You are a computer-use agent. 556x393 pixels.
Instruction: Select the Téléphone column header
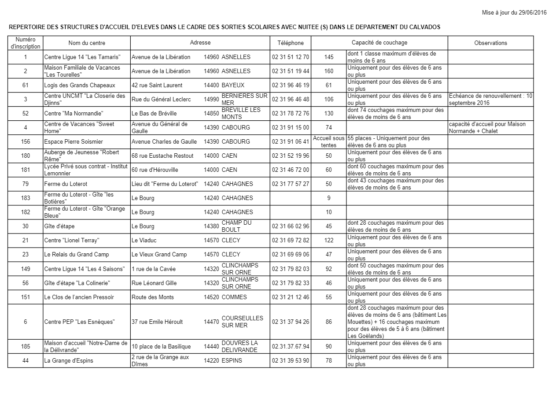[291, 43]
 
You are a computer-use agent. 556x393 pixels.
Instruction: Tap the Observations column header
[490, 43]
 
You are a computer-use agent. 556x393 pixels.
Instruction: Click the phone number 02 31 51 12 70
[291, 57]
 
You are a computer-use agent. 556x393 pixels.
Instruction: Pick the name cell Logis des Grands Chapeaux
[79, 85]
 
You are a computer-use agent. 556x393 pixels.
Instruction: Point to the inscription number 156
[26, 142]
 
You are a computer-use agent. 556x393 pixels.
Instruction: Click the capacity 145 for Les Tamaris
[329, 57]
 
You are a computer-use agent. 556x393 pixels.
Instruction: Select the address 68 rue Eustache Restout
[162, 156]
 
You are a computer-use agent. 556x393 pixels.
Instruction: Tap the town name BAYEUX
[233, 85]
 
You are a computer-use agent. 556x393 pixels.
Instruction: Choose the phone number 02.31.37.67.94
[291, 346]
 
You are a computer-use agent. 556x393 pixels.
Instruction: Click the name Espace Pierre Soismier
[73, 142]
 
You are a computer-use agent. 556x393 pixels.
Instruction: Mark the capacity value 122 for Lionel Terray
[329, 241]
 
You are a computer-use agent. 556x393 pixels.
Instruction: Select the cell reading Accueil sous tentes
[329, 142]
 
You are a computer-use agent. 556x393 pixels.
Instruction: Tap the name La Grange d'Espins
[68, 361]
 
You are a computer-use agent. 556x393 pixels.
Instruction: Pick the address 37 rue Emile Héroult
[157, 322]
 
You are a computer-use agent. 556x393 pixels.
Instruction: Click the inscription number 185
[26, 346]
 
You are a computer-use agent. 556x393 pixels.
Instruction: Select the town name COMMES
[234, 297]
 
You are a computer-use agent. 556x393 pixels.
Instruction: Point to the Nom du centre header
[87, 43]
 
